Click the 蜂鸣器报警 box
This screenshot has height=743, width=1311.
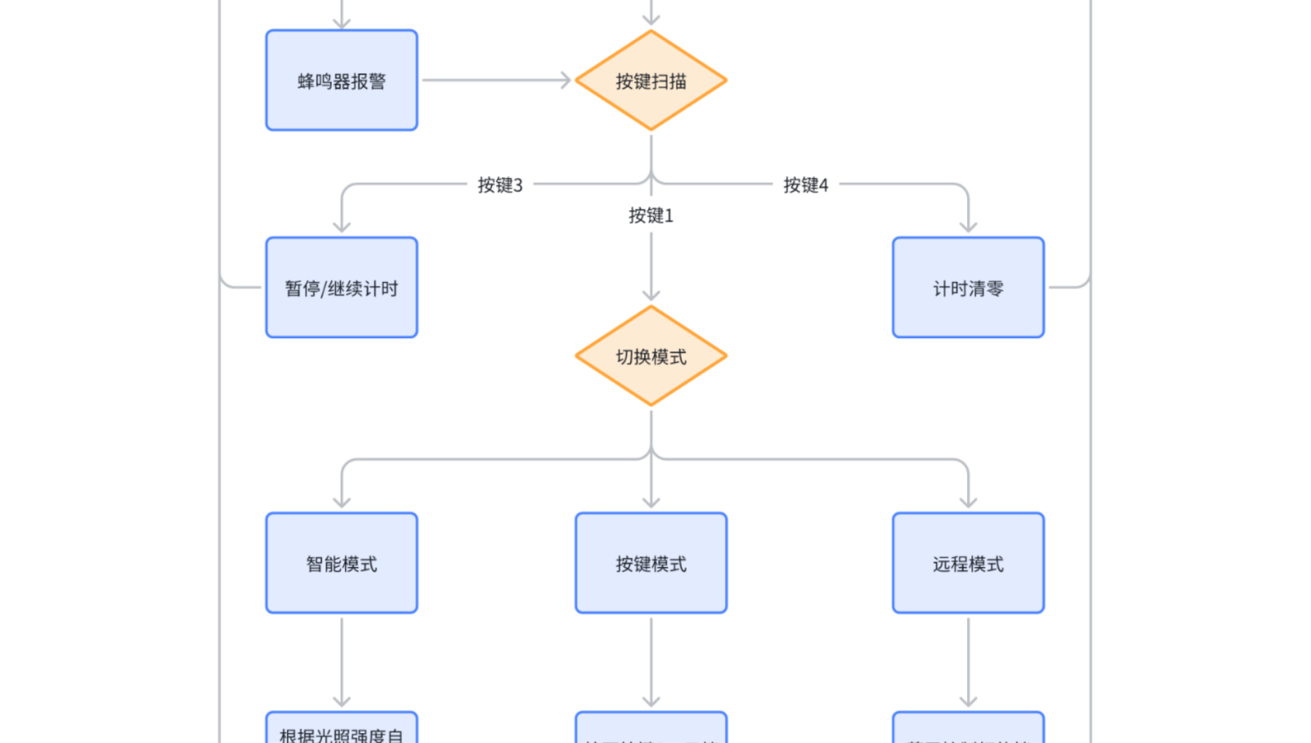click(x=342, y=81)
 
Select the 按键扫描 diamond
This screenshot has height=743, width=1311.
click(x=651, y=81)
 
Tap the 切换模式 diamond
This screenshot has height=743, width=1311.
click(x=651, y=356)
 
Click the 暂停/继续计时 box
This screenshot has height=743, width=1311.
click(x=342, y=288)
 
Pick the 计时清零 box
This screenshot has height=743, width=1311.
click(x=968, y=288)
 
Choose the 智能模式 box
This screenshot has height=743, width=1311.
click(x=342, y=563)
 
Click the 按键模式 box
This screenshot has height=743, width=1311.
click(x=651, y=563)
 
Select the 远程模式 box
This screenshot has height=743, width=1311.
click(x=968, y=563)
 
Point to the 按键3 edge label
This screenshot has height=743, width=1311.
click(x=500, y=185)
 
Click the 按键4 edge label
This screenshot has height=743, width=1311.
click(x=806, y=185)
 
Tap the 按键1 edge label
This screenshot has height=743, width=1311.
click(x=651, y=215)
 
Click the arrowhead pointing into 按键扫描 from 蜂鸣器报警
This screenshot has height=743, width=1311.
click(x=566, y=81)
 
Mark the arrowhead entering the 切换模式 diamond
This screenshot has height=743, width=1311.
click(x=651, y=296)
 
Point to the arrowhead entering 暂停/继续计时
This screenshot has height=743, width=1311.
click(x=342, y=227)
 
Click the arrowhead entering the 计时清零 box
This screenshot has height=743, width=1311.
click(x=969, y=227)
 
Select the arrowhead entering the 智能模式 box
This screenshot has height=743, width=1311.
click(x=342, y=502)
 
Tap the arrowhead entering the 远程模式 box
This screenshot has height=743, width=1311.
click(x=969, y=502)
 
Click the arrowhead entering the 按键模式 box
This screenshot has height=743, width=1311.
click(x=651, y=502)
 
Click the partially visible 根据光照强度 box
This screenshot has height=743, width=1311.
click(x=342, y=730)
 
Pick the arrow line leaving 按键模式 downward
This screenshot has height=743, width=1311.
click(x=651, y=660)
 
